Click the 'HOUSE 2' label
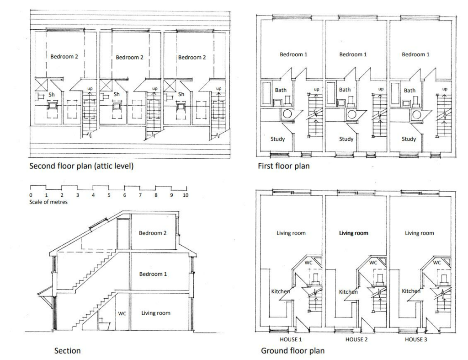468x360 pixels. (x=356, y=339)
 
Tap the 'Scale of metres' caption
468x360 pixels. (x=48, y=202)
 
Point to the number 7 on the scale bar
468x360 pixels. (x=140, y=195)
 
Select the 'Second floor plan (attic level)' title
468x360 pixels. (x=81, y=166)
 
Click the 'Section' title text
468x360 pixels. (x=68, y=350)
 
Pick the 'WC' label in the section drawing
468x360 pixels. (x=122, y=313)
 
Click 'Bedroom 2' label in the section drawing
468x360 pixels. (x=153, y=233)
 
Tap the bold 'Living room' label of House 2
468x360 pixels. (x=354, y=233)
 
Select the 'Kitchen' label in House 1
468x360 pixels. (x=280, y=291)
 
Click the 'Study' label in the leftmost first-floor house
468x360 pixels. (x=277, y=139)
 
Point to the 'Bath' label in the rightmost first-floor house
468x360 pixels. (x=409, y=90)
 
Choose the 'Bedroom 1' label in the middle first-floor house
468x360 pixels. (x=353, y=54)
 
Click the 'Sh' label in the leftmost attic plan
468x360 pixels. (x=52, y=95)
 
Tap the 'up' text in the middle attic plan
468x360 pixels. (x=154, y=89)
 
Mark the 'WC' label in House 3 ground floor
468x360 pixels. (x=436, y=263)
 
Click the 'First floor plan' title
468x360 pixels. (x=283, y=166)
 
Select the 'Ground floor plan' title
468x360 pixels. (x=293, y=350)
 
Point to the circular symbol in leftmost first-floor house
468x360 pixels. (x=287, y=114)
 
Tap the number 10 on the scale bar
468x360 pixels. (x=186, y=195)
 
